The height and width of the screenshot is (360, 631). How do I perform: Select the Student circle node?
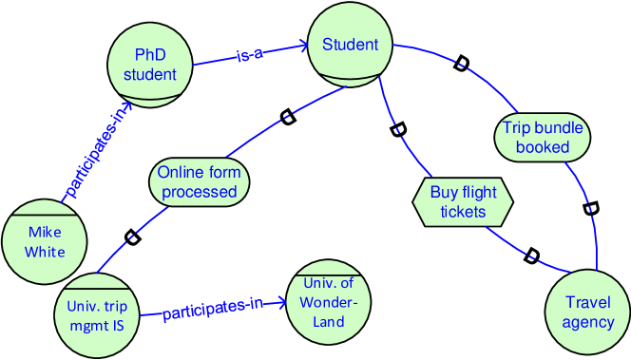point(351,46)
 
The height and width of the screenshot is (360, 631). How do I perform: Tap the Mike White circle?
point(46,242)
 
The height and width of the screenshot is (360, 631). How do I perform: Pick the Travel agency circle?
point(588,311)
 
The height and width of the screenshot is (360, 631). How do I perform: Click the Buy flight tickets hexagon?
point(463,201)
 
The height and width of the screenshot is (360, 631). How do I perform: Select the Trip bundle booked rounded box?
point(543,137)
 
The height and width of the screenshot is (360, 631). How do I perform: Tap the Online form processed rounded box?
point(198,182)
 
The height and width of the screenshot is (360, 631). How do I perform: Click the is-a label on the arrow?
point(250,56)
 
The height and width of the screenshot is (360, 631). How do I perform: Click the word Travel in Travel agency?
point(588,302)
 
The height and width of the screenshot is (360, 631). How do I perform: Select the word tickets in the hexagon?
point(463,211)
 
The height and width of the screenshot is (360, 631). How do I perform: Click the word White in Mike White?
point(46,252)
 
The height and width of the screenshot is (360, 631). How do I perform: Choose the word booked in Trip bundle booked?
point(543,146)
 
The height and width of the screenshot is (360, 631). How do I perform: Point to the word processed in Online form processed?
point(198,192)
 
